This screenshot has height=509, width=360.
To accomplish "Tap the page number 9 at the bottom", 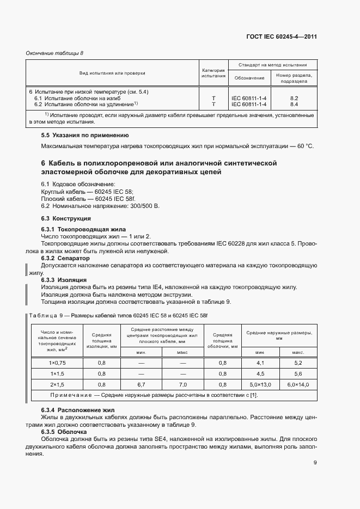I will pos(315,463).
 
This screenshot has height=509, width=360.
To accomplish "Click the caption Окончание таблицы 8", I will pos(55,53).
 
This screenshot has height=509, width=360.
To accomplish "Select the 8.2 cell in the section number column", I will pos(294,98).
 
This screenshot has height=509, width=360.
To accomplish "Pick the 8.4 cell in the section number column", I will pos(294,103).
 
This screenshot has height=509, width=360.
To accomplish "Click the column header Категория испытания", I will pos(213,73).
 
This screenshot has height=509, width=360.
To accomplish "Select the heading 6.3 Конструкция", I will pos(66,218).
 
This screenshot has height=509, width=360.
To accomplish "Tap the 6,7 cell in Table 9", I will pos(141,385).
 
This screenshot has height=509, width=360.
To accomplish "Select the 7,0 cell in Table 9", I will pos(183,385).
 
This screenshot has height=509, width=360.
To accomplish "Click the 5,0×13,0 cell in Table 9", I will pos(260,385).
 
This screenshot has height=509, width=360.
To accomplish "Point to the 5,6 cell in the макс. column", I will pos(297,374).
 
